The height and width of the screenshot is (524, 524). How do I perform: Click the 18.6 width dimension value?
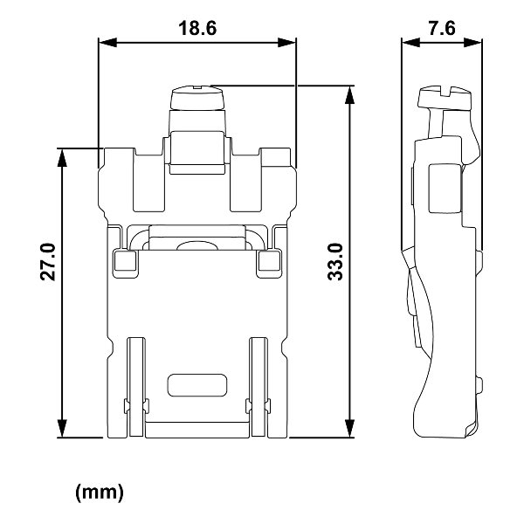click(x=197, y=27)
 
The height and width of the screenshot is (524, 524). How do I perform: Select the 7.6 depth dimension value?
click(x=442, y=27)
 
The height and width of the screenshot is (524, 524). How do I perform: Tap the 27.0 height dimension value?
click(x=48, y=261)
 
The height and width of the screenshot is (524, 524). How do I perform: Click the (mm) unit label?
click(x=100, y=492)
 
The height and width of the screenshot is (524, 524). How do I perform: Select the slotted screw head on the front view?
click(x=197, y=94)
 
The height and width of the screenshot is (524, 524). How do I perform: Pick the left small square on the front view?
click(x=123, y=260)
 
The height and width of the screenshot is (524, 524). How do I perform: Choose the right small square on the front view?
click(x=268, y=260)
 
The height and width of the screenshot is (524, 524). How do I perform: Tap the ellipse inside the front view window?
click(x=197, y=247)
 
